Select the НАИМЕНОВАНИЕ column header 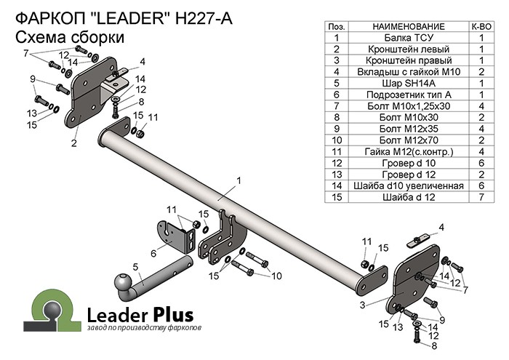click(407, 25)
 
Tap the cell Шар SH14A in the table click(407, 83)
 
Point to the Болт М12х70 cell click(407, 140)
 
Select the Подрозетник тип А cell click(407, 95)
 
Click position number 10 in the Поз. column click(337, 140)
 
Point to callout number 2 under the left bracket click(74, 143)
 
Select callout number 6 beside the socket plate click(153, 253)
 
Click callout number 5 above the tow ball click(135, 266)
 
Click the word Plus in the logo click(173, 315)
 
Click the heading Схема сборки click(69, 37)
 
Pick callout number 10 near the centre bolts click(276, 276)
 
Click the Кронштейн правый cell click(407, 60)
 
